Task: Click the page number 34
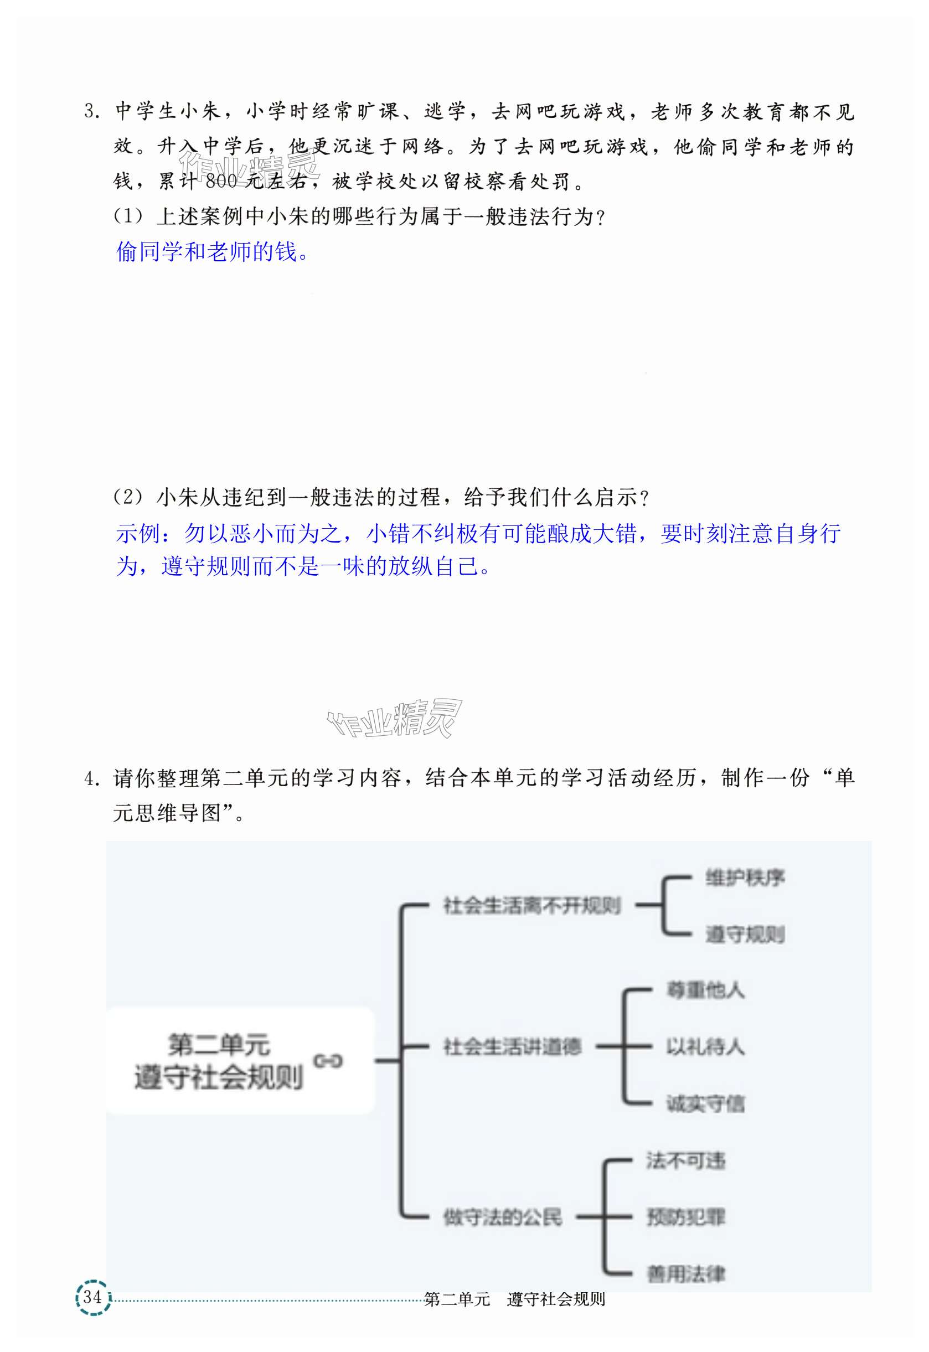[x=92, y=1297]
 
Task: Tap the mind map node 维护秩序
[x=745, y=878]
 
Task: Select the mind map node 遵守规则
[x=745, y=934]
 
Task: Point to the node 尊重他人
[x=705, y=990]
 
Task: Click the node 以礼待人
[x=705, y=1046]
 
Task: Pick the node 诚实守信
[x=705, y=1103]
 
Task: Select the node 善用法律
[x=686, y=1274]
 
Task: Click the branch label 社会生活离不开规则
[x=532, y=906]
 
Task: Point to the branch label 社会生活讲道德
[x=512, y=1046]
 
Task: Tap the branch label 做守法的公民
[x=502, y=1217]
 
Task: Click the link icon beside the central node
[x=328, y=1061]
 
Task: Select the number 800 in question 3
[x=221, y=182]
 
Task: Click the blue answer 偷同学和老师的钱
[x=213, y=252]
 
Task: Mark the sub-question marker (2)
[x=127, y=497]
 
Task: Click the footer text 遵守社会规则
[x=556, y=1299]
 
